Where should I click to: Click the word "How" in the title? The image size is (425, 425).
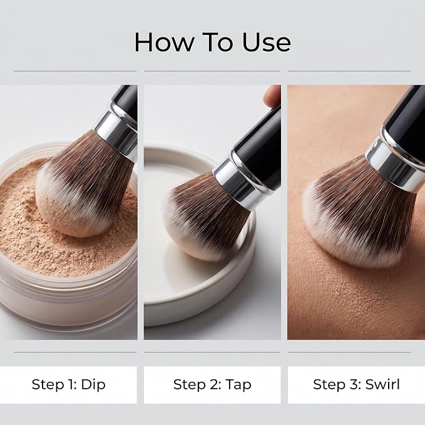coord(165,43)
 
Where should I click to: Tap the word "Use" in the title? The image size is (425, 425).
coord(267,43)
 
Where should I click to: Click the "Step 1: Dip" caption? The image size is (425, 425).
coord(69,384)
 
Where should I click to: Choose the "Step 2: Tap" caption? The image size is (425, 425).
coord(212,384)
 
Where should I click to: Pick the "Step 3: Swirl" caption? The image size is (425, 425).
coord(356,384)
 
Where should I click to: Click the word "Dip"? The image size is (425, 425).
coord(93,384)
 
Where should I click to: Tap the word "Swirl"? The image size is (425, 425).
coord(382,384)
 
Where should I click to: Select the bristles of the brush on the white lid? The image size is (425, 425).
coord(206,217)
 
